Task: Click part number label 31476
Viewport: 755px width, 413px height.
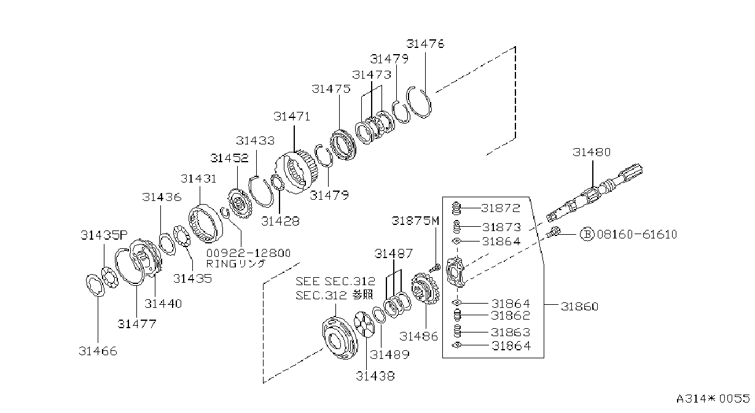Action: pyautogui.click(x=425, y=44)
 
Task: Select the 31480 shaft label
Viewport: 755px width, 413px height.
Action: pyautogui.click(x=592, y=152)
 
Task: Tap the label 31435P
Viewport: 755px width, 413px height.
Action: pyautogui.click(x=104, y=235)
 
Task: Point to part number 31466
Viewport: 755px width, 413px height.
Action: pyautogui.click(x=98, y=351)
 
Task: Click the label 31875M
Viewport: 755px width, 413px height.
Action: pyautogui.click(x=415, y=221)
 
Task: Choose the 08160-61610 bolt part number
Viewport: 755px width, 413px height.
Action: pyautogui.click(x=636, y=234)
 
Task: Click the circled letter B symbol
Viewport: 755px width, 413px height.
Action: pyautogui.click(x=587, y=234)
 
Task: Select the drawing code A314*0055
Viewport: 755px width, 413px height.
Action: pyautogui.click(x=713, y=398)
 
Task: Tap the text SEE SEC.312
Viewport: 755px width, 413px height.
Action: pyautogui.click(x=335, y=281)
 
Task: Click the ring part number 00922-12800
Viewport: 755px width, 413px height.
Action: pyautogui.click(x=248, y=253)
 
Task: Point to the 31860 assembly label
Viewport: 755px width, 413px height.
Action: pyautogui.click(x=580, y=307)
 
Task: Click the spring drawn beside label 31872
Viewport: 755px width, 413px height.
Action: pyautogui.click(x=456, y=208)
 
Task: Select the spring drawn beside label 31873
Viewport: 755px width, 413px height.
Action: pyautogui.click(x=456, y=227)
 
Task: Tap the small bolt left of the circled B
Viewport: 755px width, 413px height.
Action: pyautogui.click(x=554, y=232)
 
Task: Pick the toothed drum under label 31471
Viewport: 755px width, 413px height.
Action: pyautogui.click(x=296, y=172)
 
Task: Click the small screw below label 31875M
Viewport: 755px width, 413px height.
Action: pyautogui.click(x=434, y=268)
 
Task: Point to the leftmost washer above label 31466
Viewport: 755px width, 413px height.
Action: pyautogui.click(x=95, y=286)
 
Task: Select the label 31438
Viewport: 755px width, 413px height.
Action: pyautogui.click(x=375, y=376)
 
